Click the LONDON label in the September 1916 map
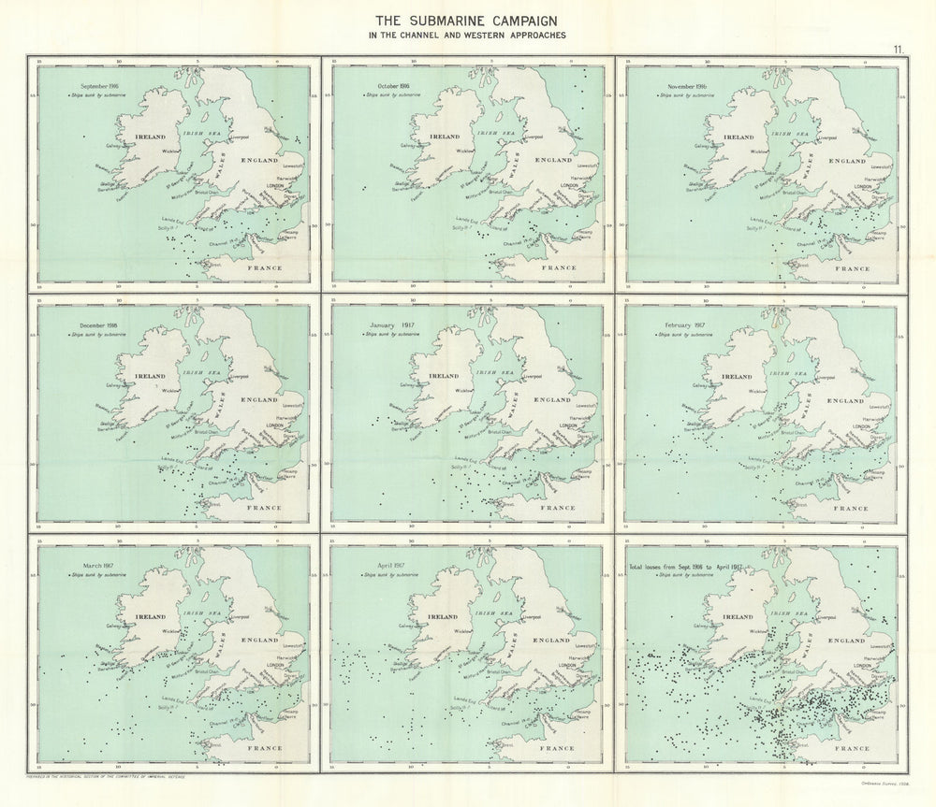click(274, 185)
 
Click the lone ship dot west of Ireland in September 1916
click(84, 137)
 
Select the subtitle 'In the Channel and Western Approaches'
click(468, 36)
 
